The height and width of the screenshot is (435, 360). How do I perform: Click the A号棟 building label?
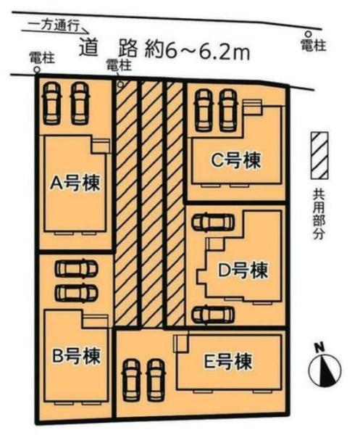pyautogui.click(x=75, y=183)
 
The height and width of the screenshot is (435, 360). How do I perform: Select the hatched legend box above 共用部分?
pyautogui.click(x=319, y=156)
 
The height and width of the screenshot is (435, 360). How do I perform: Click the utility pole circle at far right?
pyautogui.click(x=309, y=33)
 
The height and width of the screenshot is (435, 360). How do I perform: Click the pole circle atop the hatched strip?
pyautogui.click(x=120, y=84)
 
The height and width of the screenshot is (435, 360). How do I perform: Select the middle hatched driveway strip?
pyautogui.click(x=151, y=203)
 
